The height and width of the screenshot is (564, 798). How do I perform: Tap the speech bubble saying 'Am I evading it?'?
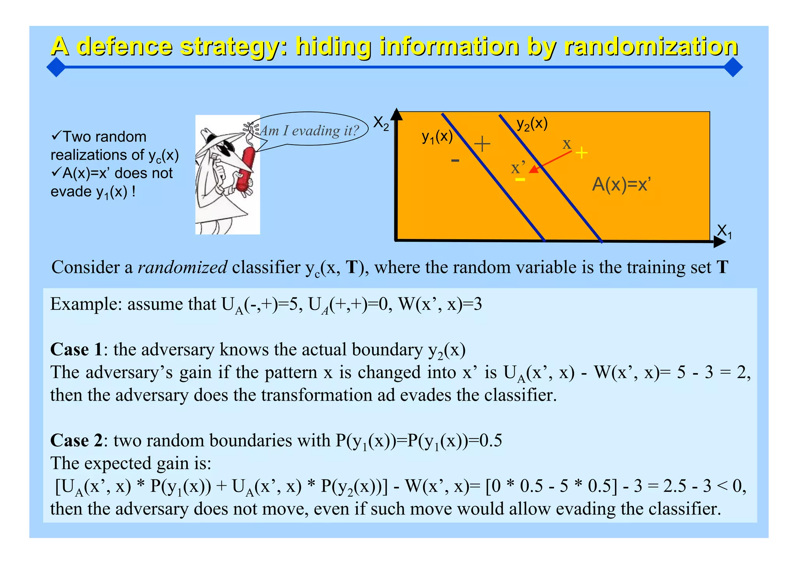point(309,130)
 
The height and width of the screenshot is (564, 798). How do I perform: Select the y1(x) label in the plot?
point(437,137)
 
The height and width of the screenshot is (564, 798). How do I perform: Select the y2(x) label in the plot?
point(532,124)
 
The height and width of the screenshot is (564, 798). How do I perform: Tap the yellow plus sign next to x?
point(581,152)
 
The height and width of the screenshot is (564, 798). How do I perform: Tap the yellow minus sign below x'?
point(520,179)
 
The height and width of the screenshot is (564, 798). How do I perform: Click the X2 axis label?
point(381,124)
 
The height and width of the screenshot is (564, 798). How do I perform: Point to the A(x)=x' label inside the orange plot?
point(621,184)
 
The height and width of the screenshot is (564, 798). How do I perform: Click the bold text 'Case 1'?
point(76,349)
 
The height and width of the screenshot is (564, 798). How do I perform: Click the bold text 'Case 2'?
point(76,440)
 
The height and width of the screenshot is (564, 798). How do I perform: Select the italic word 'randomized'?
point(182,267)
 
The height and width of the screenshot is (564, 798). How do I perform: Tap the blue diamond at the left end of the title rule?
point(56,67)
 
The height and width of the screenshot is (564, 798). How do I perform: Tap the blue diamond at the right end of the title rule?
point(733,67)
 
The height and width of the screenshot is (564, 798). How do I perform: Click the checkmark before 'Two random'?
point(56,136)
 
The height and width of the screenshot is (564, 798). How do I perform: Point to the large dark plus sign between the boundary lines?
point(482,144)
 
